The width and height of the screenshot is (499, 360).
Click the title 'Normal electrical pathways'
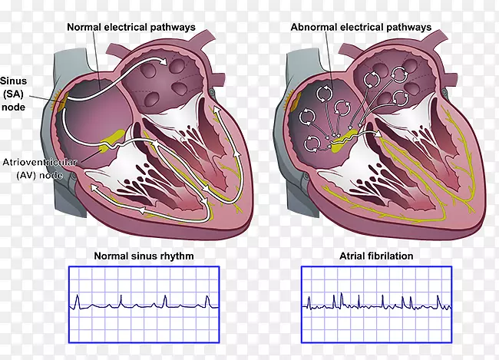[x=131, y=27]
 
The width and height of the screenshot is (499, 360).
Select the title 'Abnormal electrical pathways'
[x=361, y=27]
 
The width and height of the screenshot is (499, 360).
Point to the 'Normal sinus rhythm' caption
[x=144, y=256]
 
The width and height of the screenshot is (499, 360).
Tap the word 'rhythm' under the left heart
[x=176, y=256]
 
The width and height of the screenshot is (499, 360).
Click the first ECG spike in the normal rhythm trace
[x=78, y=296]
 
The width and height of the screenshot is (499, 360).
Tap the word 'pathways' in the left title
[x=173, y=27]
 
